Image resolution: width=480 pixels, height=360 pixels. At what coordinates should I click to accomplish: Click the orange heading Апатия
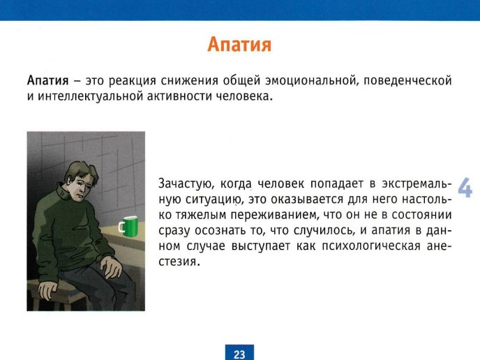point(239,45)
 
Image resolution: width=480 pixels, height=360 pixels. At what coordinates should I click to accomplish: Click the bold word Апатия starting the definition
point(47,80)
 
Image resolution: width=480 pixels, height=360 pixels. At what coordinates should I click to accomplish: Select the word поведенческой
point(407,81)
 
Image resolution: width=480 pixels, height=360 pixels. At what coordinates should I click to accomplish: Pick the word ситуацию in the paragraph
point(214,200)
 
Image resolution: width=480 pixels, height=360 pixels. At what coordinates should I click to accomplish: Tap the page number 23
point(239,354)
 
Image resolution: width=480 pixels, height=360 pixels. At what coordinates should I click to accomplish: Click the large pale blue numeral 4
point(465,187)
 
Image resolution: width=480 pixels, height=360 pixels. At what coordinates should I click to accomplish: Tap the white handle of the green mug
point(121,227)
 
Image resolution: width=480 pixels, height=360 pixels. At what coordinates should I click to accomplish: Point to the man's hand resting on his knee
point(111,267)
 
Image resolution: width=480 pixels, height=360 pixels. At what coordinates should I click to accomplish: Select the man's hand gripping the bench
point(47,290)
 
